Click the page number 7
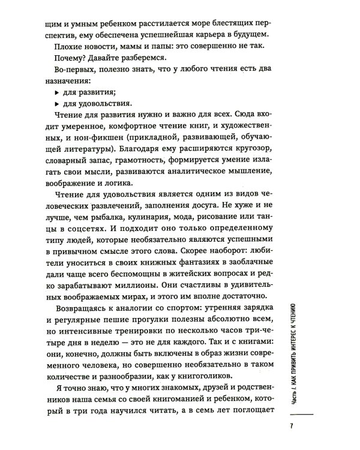tap(290, 427)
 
